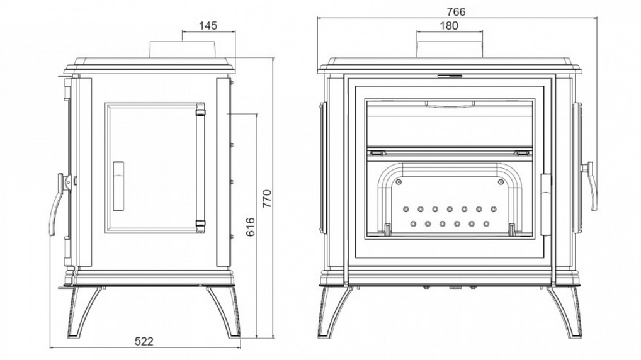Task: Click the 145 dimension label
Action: [208, 25]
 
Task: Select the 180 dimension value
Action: [449, 25]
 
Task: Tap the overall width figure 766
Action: [456, 11]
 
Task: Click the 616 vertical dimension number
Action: [250, 227]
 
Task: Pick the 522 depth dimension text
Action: [144, 341]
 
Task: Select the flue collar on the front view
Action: [450, 49]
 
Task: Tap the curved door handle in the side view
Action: [57, 205]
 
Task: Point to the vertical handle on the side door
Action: [118, 186]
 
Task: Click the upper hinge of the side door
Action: [200, 110]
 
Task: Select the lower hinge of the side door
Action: [200, 223]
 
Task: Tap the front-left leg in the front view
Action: [333, 313]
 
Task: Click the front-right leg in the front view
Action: [564, 313]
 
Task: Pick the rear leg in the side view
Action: [225, 313]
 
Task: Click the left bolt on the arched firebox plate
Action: [399, 182]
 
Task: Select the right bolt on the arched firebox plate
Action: [501, 182]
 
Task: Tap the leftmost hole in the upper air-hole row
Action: [406, 209]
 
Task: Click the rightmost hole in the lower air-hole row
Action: [486, 224]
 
